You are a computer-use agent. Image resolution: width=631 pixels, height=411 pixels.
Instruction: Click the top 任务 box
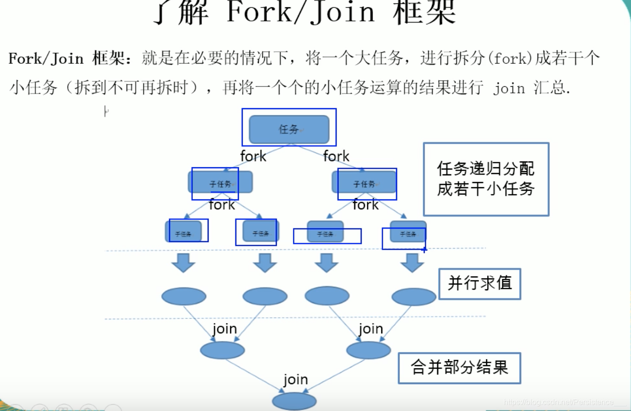tap(289, 129)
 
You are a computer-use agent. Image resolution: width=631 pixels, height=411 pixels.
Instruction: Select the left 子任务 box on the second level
tap(220, 182)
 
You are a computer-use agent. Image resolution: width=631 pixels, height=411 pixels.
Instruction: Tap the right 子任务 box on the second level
tap(364, 182)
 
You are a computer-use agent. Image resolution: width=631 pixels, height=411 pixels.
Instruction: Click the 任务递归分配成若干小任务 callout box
tap(486, 179)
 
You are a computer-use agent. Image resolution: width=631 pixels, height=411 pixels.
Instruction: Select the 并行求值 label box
tap(479, 283)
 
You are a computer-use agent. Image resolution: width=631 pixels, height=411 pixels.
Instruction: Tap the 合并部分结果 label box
tap(459, 367)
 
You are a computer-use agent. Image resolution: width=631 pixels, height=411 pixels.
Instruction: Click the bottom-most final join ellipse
tap(294, 401)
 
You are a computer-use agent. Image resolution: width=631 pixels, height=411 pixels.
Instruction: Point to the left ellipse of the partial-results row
tap(222, 350)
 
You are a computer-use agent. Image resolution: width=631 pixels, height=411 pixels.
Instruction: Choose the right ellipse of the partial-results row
tap(368, 350)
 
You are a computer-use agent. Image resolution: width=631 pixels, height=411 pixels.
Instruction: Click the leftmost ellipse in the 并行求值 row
tap(184, 297)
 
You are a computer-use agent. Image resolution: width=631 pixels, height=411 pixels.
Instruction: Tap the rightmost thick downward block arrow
tap(412, 263)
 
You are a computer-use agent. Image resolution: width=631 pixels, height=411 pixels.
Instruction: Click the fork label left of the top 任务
tap(253, 156)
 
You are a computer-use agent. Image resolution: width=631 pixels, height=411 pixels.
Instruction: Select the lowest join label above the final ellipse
tap(295, 380)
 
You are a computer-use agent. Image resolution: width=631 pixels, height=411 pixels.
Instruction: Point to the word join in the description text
tap(509, 88)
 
